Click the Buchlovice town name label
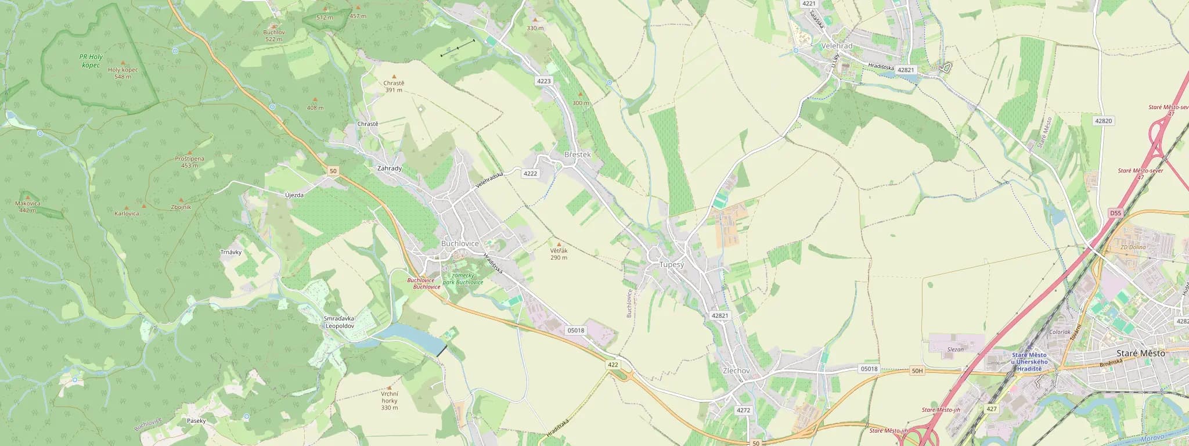(460, 243)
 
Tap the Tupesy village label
(672, 264)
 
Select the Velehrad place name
(837, 46)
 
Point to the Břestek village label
(577, 154)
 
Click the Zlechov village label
(736, 371)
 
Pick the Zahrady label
(389, 168)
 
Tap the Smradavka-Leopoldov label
(340, 322)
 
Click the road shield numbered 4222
(530, 174)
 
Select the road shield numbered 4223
(543, 81)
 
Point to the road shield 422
(613, 365)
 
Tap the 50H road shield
(917, 371)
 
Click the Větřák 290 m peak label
(559, 254)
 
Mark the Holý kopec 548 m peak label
(123, 73)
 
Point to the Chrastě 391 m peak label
(394, 87)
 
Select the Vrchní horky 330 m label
(390, 401)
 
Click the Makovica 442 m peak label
(27, 206)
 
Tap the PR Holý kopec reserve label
(91, 61)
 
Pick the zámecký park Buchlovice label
(463, 279)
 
